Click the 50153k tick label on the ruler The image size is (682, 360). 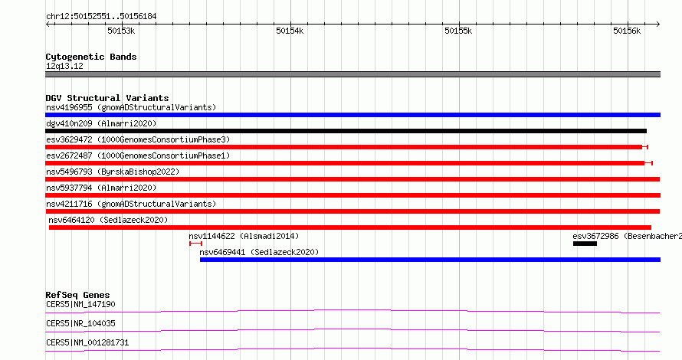tap(121, 31)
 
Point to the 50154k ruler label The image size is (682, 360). tap(290, 31)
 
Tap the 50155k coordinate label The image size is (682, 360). tap(458, 31)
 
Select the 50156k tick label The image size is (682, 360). tap(627, 31)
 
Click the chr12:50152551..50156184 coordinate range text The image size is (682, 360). tap(101, 17)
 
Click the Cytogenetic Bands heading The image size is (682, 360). tap(91, 57)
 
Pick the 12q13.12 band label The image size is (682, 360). tap(64, 66)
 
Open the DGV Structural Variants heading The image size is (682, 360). tap(107, 98)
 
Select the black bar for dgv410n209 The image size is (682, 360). tap(346, 131)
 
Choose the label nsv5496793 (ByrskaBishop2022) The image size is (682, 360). tap(113, 172)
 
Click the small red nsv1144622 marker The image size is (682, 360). tap(195, 244)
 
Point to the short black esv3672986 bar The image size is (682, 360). tap(585, 244)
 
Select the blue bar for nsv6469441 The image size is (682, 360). tap(430, 260)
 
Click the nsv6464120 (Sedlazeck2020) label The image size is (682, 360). tap(108, 220)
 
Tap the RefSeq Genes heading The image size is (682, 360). tap(77, 295)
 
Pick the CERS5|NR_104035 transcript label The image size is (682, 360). tap(80, 323)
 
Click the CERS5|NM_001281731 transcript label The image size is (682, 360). tap(87, 342)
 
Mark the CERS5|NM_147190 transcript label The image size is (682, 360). tap(80, 304)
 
